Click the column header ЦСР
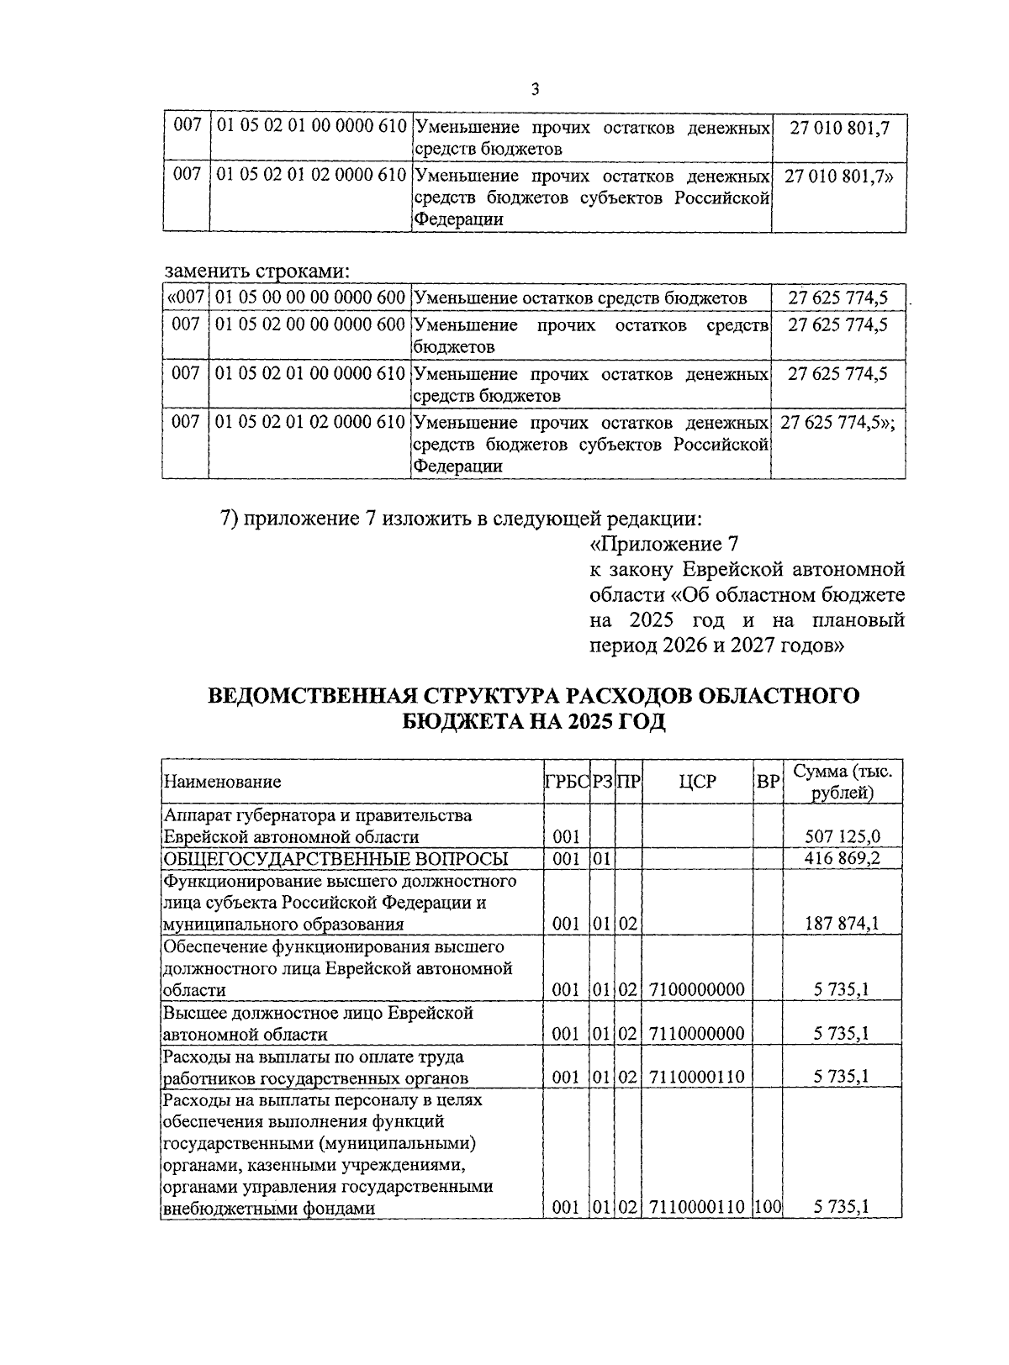(x=697, y=782)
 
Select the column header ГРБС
(x=566, y=782)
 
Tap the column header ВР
(x=768, y=782)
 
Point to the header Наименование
(x=222, y=782)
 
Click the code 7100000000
(x=697, y=990)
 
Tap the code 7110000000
(x=697, y=1034)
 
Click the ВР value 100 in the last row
(x=768, y=1209)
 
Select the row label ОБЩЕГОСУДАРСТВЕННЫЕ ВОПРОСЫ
(x=335, y=858)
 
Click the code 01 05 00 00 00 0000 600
(x=309, y=298)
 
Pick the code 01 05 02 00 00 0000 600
(x=309, y=324)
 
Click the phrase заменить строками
(x=256, y=271)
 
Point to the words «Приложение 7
(x=663, y=544)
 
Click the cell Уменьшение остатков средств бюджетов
(x=581, y=298)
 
